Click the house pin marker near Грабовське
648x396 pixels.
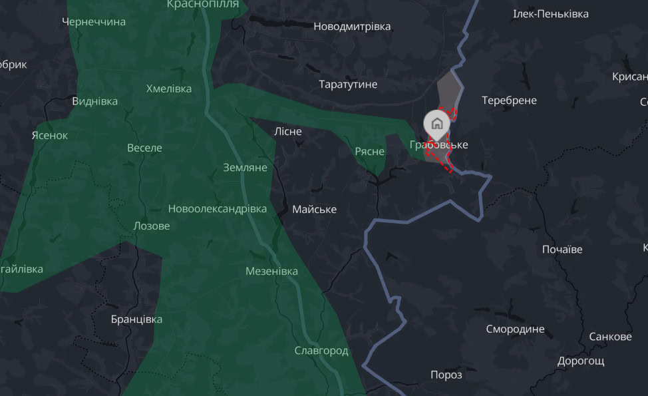coord(437,123)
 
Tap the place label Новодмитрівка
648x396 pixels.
coord(352,27)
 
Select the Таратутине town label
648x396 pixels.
coord(348,85)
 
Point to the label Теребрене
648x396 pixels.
coord(509,100)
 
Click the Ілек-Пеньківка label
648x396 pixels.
coord(552,14)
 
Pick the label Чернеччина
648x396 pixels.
coord(94,22)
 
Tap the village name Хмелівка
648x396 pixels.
coord(169,89)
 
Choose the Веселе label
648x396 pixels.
coord(144,148)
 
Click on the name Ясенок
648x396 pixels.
coord(50,135)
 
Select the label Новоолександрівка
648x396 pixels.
coord(218,209)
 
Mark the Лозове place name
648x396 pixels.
coord(152,226)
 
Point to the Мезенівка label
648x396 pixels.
coord(271,271)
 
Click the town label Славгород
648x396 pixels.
coord(321,351)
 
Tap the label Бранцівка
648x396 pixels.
coord(136,319)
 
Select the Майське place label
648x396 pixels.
coord(315,210)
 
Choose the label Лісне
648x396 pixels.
coord(288,131)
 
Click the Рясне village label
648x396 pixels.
coord(369,152)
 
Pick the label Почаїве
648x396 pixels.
coord(562,250)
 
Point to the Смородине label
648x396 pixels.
coord(515,329)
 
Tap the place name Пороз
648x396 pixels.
coord(446,375)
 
